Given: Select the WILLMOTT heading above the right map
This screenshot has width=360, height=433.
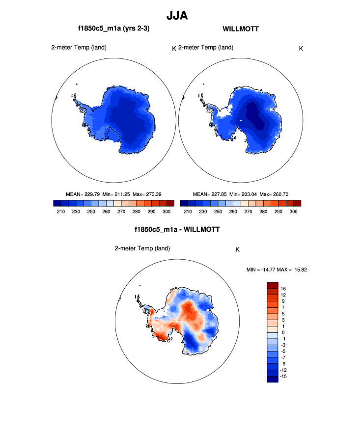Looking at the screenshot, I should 241,29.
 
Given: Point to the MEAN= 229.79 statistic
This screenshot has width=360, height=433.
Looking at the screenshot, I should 83,194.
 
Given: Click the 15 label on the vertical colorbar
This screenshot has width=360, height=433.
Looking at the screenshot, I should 283,289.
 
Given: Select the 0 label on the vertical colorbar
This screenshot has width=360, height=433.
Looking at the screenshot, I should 282,332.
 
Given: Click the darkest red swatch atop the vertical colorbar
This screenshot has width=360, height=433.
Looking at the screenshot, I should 273,285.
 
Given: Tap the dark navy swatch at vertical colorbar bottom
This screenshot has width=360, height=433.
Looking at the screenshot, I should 273,379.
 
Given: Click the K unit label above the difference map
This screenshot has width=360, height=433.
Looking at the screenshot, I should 238,249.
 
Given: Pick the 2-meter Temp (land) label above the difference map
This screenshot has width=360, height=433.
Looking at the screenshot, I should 142,248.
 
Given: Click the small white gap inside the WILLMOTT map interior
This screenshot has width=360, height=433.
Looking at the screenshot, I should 241,120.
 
